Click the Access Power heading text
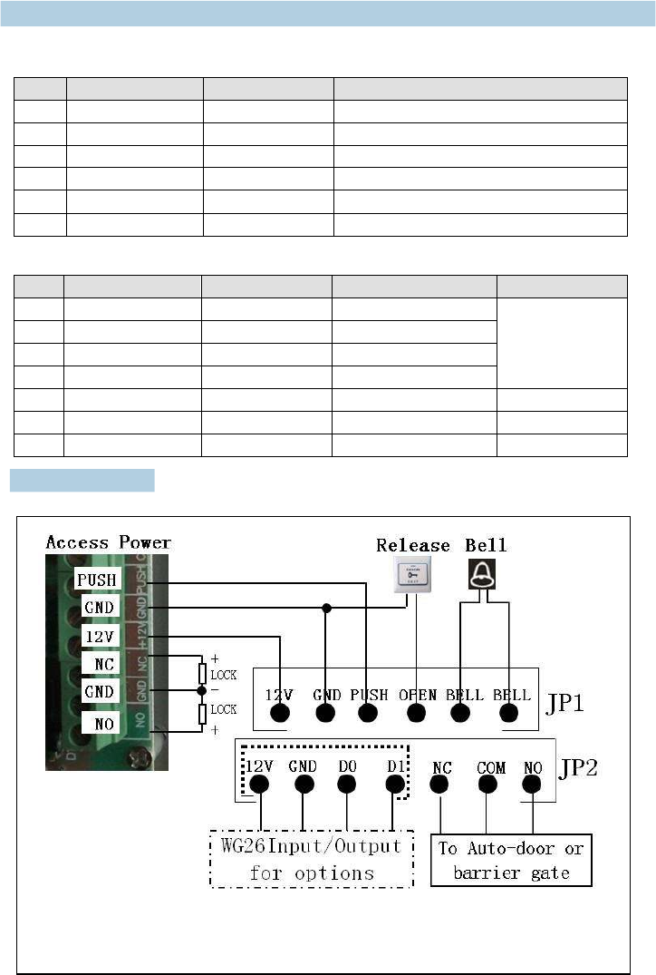tap(108, 542)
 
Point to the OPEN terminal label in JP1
tap(418, 695)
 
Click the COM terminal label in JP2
tap(490, 767)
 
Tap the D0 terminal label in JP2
tap(348, 767)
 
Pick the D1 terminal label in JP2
tap(395, 767)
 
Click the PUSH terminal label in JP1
tap(369, 695)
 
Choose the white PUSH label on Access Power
tap(97, 579)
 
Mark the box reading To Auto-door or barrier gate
tap(511, 860)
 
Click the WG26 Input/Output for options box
tap(312, 859)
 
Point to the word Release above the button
tap(413, 545)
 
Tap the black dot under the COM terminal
tap(487, 787)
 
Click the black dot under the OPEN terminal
tap(416, 714)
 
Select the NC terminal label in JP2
tap(441, 767)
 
